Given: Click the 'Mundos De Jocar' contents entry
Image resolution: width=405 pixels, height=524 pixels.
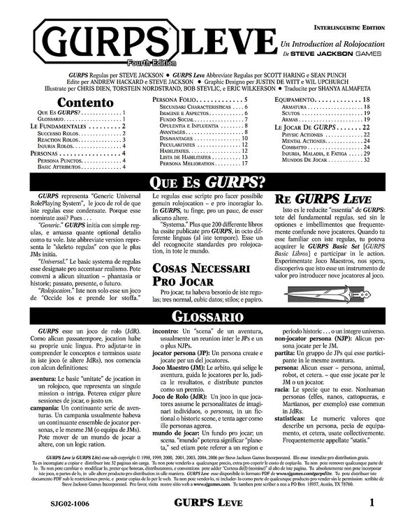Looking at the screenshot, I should click(x=302, y=159).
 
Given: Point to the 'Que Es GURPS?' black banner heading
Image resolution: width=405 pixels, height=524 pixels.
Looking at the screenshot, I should click(x=202, y=183).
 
